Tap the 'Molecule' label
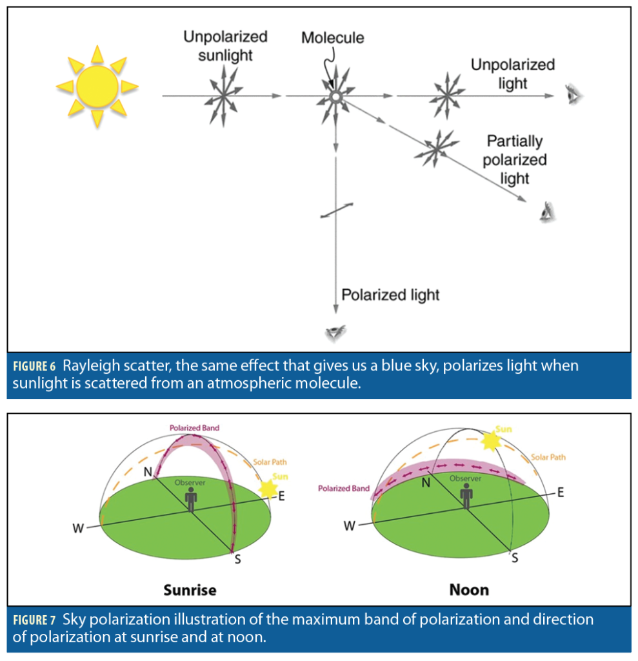point(332,37)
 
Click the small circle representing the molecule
point(335,96)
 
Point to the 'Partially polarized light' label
point(515,159)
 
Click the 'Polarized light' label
point(390,295)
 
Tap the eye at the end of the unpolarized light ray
point(573,95)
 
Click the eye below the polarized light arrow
point(335,332)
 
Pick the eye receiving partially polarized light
point(548,211)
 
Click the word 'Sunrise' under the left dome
point(190,589)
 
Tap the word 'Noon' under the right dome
point(469,589)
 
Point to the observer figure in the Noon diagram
point(466,495)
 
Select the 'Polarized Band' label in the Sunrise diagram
point(194,427)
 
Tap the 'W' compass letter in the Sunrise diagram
point(78,528)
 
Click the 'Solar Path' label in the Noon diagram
point(548,457)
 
